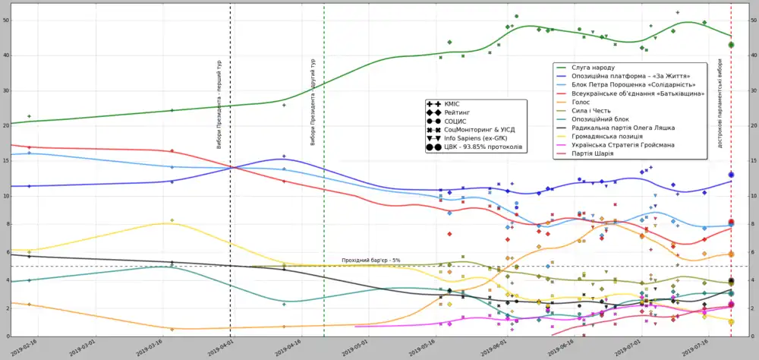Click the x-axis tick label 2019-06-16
click(567, 347)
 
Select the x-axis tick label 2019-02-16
click(24, 347)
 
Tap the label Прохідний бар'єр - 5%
click(370, 261)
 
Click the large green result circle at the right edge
click(731, 45)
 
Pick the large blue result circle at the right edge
click(731, 175)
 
